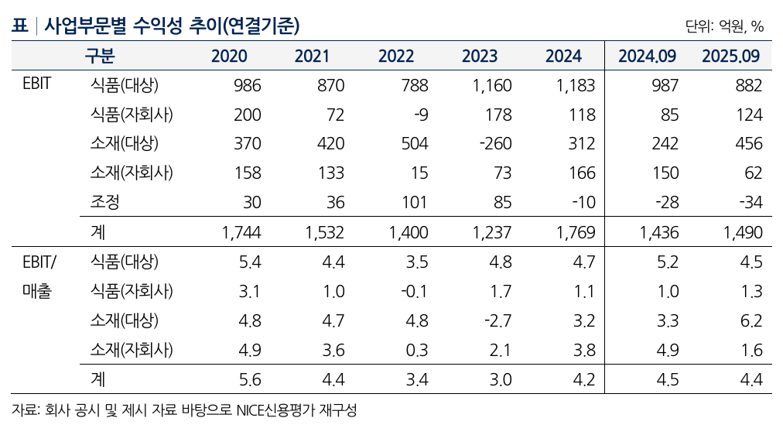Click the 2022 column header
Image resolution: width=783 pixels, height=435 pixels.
(x=396, y=56)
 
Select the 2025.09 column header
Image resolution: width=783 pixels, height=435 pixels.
(x=730, y=56)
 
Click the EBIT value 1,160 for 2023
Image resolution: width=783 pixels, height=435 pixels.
(x=491, y=85)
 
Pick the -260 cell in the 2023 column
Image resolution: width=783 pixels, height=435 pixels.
(x=495, y=144)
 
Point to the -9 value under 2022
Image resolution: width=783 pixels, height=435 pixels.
(x=419, y=115)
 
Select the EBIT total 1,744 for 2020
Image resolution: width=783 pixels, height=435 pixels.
(x=241, y=232)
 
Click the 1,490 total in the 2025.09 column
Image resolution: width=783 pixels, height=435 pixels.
(x=742, y=232)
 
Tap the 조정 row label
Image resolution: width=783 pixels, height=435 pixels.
(x=104, y=203)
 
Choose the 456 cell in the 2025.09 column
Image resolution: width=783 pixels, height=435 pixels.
(x=749, y=144)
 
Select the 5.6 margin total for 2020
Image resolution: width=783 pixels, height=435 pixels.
(x=251, y=379)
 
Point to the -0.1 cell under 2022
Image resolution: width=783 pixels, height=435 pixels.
(x=415, y=291)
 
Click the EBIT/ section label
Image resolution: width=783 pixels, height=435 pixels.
(x=39, y=261)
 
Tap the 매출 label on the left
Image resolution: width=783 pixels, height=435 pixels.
(x=36, y=292)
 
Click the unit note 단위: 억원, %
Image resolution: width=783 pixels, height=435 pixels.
(x=724, y=26)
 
